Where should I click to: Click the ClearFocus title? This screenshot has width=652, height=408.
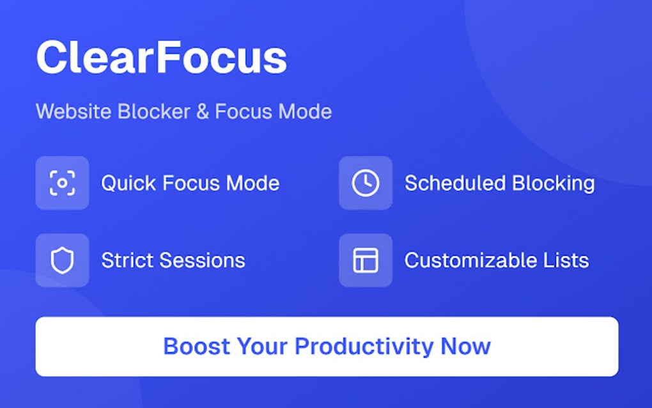(161, 58)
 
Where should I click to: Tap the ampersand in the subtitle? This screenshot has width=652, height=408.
(203, 111)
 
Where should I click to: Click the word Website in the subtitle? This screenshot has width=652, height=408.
(73, 111)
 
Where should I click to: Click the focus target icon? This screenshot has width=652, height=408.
(63, 183)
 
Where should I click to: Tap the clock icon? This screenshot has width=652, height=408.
(366, 183)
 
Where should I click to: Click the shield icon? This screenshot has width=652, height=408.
(63, 260)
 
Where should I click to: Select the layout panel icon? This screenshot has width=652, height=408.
(366, 260)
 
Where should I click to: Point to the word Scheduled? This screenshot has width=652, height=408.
(455, 184)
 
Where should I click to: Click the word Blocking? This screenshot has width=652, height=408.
(554, 184)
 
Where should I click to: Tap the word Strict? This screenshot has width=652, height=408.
(127, 261)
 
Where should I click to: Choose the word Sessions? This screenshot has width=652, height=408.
(203, 261)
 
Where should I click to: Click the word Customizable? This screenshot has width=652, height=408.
(470, 261)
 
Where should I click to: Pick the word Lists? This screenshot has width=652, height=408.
(566, 261)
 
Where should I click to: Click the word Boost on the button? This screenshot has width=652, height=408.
(197, 346)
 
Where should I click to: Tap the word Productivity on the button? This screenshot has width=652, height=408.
(364, 347)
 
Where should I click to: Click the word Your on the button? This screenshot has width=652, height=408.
(262, 346)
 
